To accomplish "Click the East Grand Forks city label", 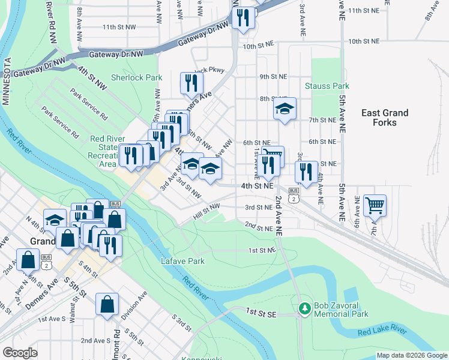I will pos(385,118).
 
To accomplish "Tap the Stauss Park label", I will pos(327,86).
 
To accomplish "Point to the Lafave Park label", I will pos(183,261).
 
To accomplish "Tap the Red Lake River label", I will pos(382,332).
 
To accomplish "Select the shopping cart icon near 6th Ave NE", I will pos(375,205).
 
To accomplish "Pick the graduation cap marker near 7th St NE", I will pos(285,109).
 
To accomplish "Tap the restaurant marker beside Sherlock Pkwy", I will pos(191,82).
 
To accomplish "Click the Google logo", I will pos(20,353).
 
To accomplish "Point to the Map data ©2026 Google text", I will pos(411,355).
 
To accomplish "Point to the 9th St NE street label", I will pos(273,77).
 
